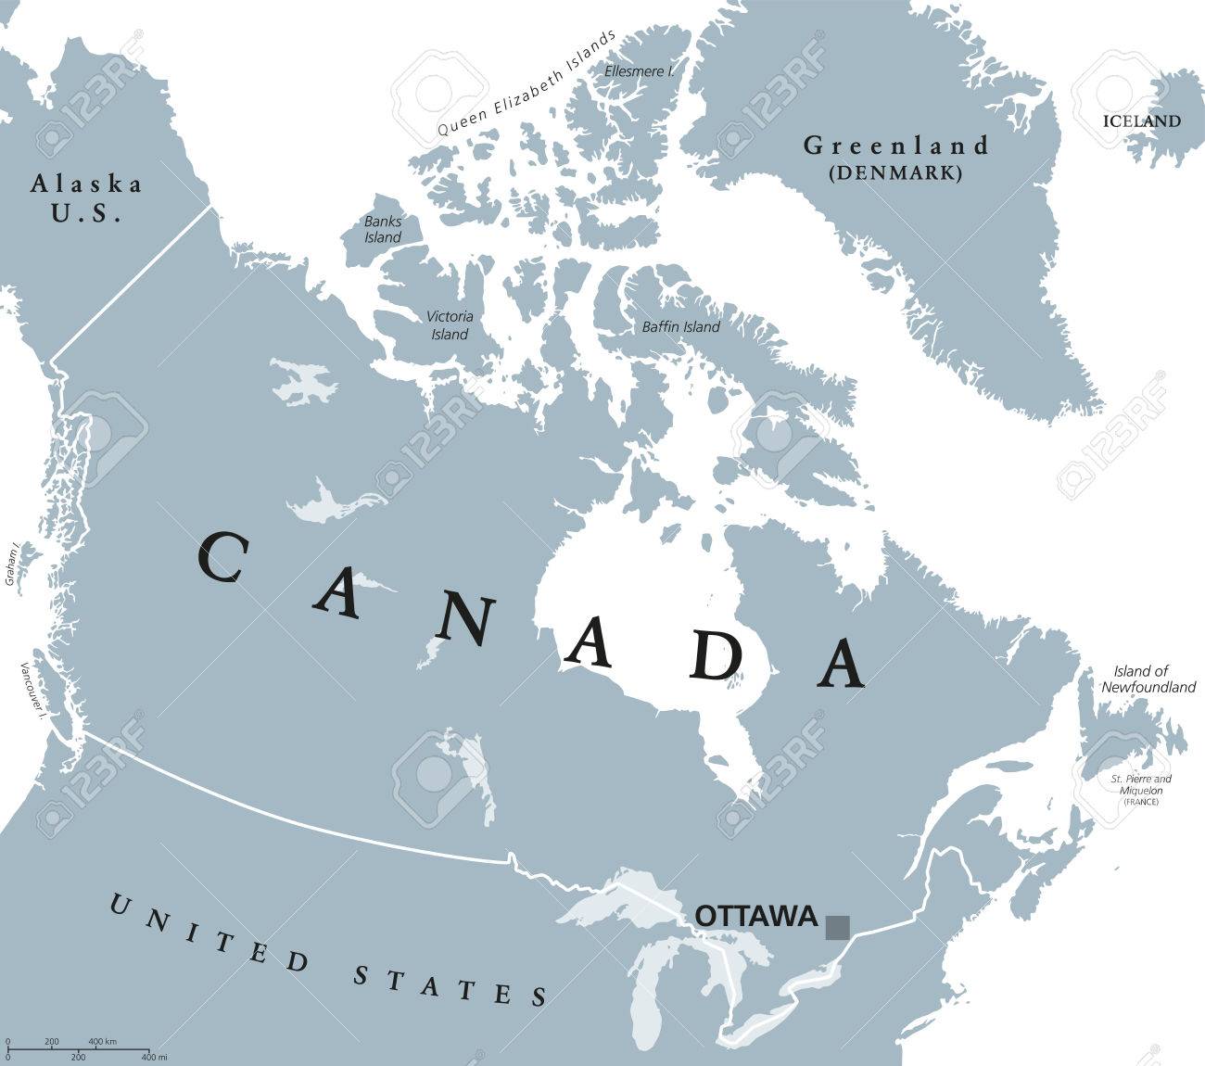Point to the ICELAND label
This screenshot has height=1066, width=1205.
coord(1141,121)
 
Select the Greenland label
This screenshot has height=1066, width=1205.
coord(895,146)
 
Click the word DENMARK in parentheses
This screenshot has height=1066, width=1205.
coord(895,172)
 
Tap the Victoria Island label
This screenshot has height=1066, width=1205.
coord(450,324)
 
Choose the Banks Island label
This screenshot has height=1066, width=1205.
coord(382,229)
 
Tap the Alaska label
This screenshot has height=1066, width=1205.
coord(86,184)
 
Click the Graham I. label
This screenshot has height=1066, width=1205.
coord(11,564)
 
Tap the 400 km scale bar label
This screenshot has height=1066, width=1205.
coord(103,1042)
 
